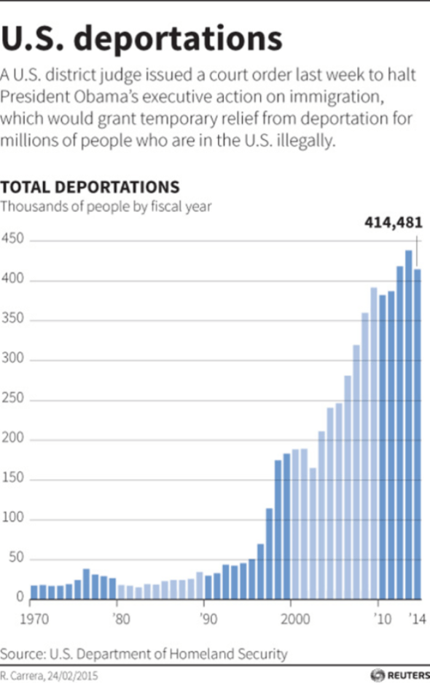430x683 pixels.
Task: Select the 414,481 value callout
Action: tap(394, 224)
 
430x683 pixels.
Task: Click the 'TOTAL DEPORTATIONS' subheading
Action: tap(90, 187)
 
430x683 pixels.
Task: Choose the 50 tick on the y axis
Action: tap(16, 559)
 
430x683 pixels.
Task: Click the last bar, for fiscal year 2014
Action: tap(418, 434)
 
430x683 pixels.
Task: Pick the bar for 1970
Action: tap(34, 592)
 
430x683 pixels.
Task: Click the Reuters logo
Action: tap(396, 674)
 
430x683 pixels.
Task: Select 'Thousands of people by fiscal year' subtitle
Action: tap(106, 206)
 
